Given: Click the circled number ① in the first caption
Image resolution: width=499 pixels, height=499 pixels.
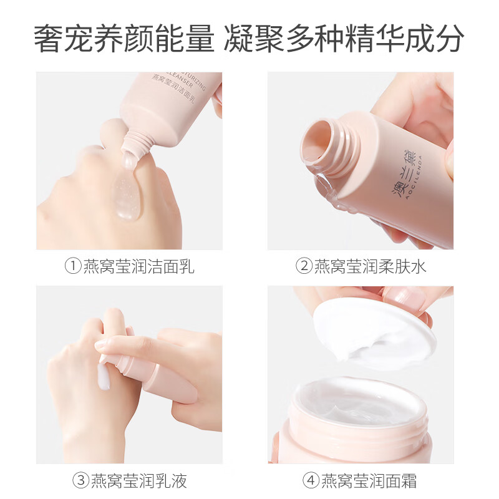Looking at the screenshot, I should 74,267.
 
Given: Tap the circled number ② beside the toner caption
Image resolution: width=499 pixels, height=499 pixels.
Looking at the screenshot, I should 304,267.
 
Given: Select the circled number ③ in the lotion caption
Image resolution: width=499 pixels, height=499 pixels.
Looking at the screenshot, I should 81,481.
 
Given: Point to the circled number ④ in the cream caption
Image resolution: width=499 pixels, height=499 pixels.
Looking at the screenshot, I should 311,481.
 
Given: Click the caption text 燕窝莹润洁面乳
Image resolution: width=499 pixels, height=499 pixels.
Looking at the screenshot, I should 138,267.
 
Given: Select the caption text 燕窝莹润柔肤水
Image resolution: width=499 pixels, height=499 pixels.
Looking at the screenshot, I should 370,267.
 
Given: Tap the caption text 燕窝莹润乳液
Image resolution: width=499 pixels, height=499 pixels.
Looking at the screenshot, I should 138,481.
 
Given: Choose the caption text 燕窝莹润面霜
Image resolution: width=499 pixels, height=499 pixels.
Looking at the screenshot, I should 369,481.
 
